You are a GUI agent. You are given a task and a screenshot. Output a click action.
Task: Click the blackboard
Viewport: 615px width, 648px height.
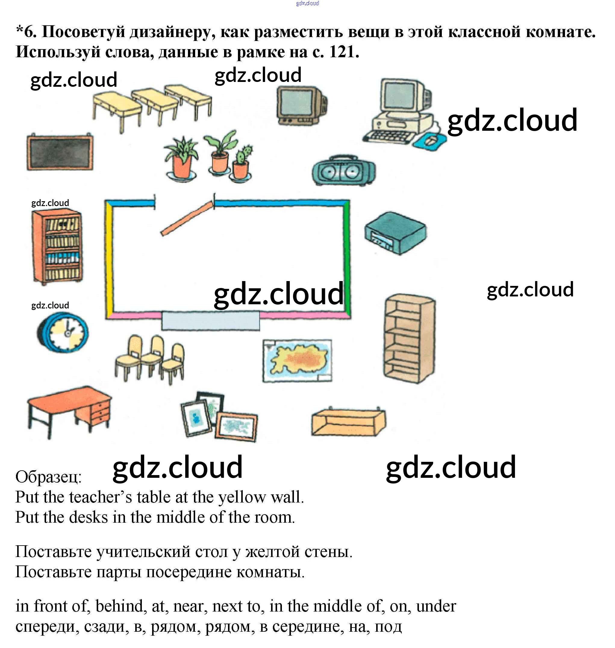click(60, 153)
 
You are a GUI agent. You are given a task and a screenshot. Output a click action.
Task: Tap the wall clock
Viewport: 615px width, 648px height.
click(63, 332)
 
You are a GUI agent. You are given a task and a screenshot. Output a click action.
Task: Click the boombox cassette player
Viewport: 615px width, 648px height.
click(343, 171)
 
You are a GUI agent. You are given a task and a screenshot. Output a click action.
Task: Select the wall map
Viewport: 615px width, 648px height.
click(297, 360)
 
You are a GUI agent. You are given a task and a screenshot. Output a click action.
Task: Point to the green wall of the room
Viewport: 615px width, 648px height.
click(347, 259)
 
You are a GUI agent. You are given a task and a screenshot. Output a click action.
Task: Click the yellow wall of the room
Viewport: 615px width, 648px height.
click(109, 259)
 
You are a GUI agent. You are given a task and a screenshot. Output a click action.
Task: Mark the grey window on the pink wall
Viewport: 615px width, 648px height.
click(211, 321)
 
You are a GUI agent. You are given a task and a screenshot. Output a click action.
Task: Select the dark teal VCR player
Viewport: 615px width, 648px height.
click(395, 232)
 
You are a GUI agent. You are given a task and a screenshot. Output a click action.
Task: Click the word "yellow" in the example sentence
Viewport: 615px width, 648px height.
click(242, 497)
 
